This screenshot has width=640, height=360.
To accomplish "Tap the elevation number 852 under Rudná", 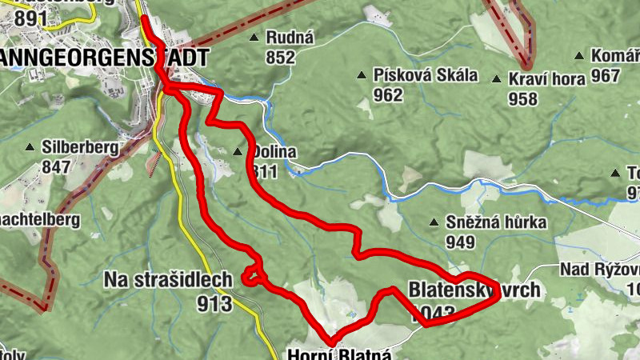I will (x=281, y=57).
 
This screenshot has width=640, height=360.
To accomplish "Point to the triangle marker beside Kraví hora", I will (x=496, y=80).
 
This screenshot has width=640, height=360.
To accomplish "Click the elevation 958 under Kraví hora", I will (x=522, y=98).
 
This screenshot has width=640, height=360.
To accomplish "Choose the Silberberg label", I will (x=82, y=147).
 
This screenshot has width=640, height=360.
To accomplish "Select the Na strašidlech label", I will (x=168, y=280).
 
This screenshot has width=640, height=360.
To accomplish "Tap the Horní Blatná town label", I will (x=339, y=353).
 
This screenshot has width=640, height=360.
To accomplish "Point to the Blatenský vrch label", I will (x=474, y=290).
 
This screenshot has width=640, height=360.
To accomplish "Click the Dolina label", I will (x=273, y=152).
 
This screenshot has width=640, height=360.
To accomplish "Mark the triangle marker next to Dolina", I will (x=238, y=152).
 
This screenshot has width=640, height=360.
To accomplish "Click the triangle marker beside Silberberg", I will (x=30, y=147).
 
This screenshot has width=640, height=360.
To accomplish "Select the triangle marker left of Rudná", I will (x=254, y=38).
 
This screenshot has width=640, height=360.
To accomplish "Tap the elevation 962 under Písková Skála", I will (x=387, y=94).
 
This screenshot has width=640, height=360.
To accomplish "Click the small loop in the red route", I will (x=253, y=274).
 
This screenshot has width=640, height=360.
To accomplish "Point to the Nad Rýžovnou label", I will (x=600, y=269).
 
